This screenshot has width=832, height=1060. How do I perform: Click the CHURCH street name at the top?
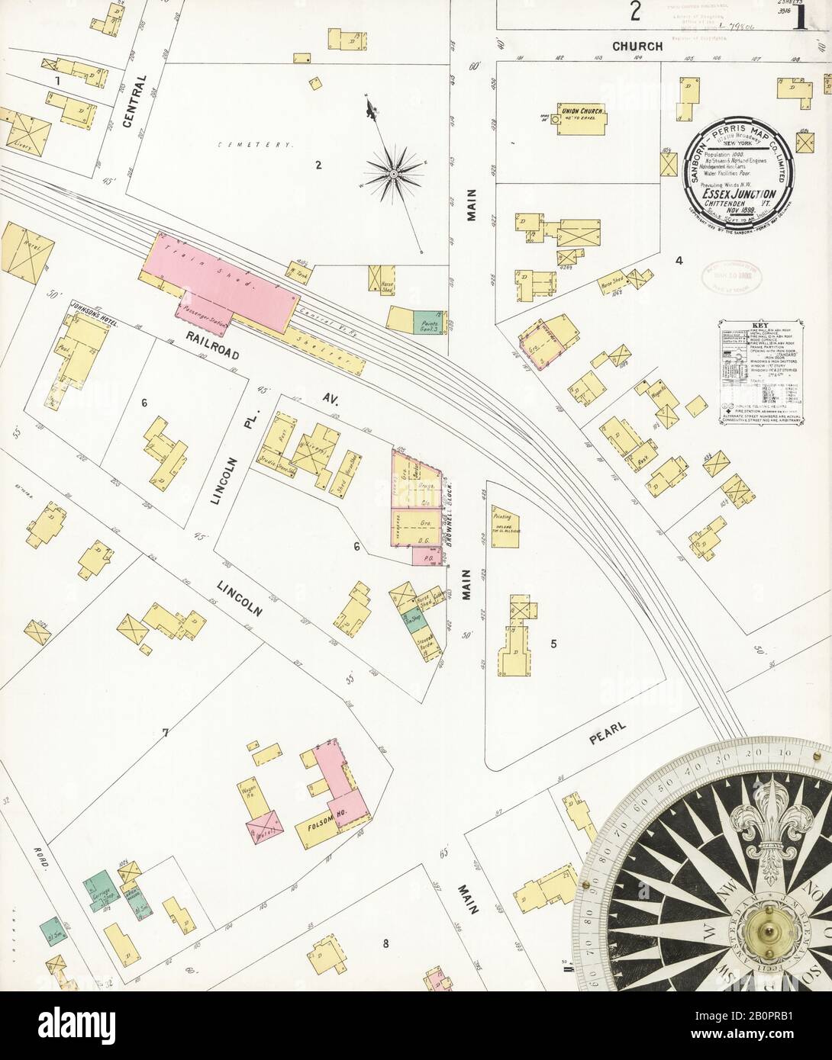pos(639,47)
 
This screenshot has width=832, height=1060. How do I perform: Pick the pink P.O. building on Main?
pos(424,557)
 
